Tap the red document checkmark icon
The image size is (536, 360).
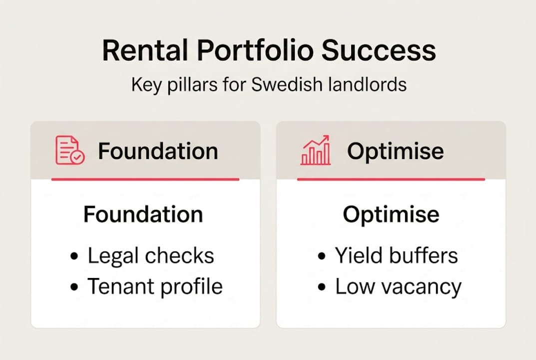pos(69,150)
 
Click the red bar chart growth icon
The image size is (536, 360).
pos(315,150)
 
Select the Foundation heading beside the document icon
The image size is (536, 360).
pos(158,150)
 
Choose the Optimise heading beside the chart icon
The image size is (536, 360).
pos(395,150)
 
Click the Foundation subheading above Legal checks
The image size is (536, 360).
pos(143,214)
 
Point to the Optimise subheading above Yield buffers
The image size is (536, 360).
pos(391,214)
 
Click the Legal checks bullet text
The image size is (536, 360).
pos(151,255)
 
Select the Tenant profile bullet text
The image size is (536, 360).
pos(155,286)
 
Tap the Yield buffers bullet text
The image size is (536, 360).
pos(396,255)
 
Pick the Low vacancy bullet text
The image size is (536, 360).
pos(398,286)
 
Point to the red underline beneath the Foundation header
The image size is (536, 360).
pos(145,179)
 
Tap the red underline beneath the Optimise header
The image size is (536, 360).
pos(391,179)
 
